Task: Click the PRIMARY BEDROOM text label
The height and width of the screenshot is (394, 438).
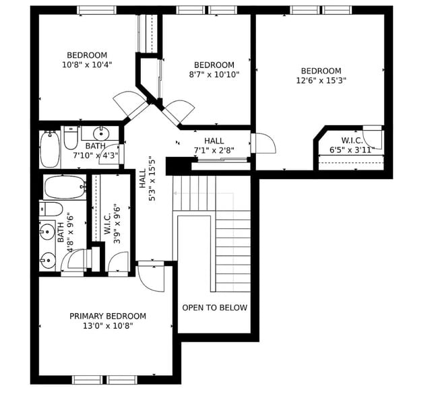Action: tap(108, 316)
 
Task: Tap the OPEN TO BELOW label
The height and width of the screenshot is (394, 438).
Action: tap(214, 308)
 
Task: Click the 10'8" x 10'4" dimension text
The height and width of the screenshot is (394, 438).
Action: tap(87, 65)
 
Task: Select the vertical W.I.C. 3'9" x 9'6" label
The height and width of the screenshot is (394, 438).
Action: tap(112, 219)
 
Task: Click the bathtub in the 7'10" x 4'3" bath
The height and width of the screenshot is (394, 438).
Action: tap(50, 150)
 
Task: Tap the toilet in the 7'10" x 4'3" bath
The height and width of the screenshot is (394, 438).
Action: tap(71, 139)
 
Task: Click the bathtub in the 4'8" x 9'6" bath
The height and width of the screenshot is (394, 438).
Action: tap(65, 187)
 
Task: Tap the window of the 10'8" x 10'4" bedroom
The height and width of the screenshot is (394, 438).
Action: tap(96, 10)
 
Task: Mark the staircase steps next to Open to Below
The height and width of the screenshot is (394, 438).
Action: tap(232, 249)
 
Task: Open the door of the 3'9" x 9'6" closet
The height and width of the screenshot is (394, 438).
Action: tap(117, 262)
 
